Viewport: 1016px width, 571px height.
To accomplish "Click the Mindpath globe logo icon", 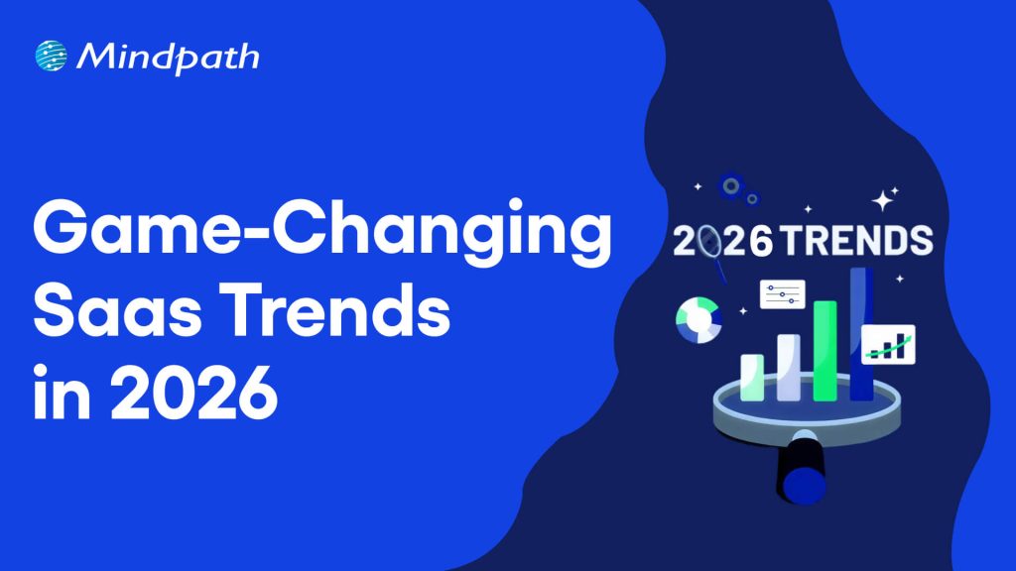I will click(x=51, y=57).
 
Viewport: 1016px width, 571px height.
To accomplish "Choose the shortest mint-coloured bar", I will click(x=753, y=377).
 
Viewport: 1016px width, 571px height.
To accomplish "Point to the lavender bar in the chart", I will click(x=789, y=367).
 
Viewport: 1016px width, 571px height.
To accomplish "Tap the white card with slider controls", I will click(x=782, y=293).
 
